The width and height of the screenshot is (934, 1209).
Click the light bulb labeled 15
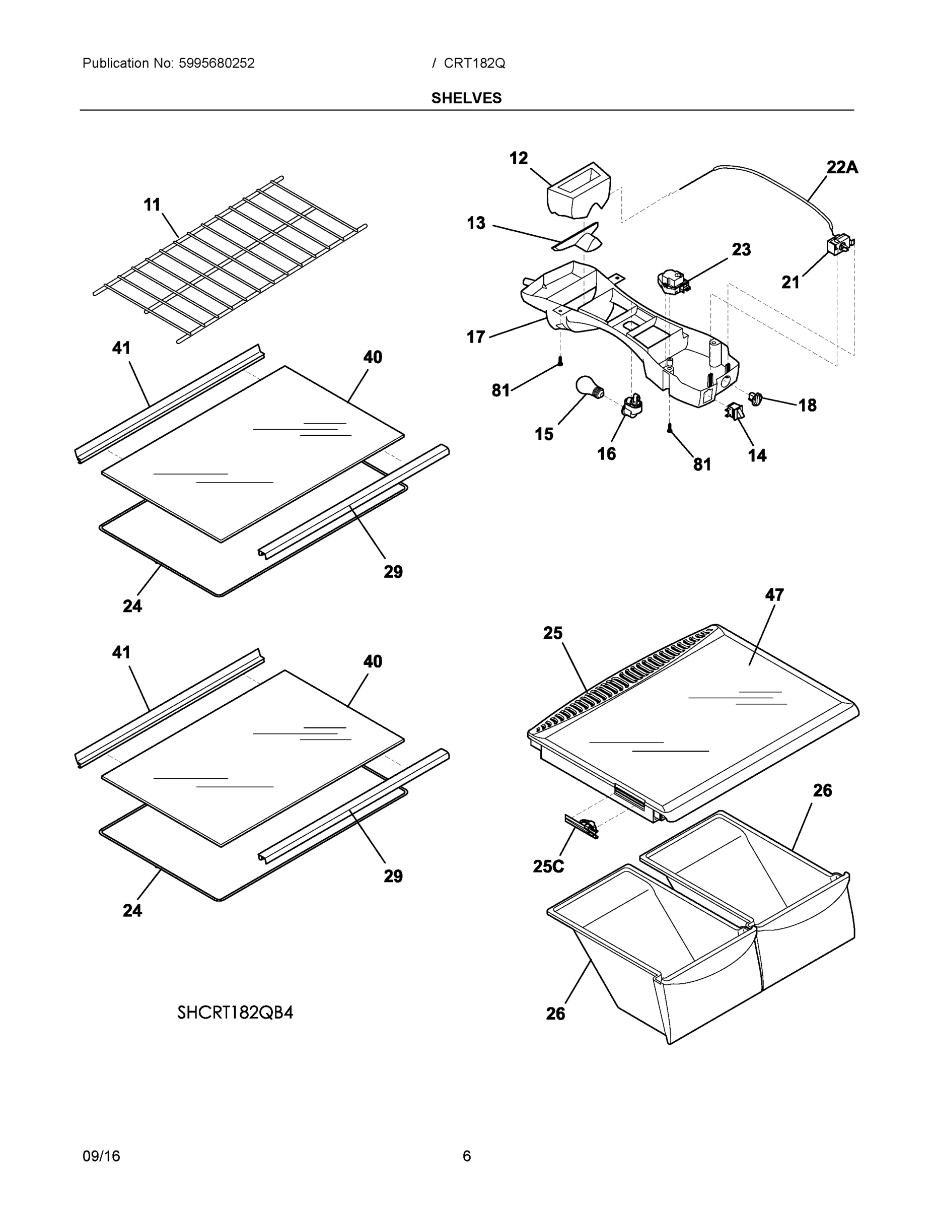coord(588,385)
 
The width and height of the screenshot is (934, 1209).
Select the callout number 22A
coord(841,167)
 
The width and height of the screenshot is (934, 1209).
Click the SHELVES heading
coord(466,98)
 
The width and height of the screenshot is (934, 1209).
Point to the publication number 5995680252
coord(217,63)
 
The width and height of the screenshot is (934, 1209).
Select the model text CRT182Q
coord(474,63)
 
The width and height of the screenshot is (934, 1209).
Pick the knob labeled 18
coord(755,396)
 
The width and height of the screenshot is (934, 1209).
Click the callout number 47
coord(774,594)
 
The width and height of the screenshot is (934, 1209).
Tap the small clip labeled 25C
coord(582,827)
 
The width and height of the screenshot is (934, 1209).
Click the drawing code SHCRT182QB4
coord(235,1012)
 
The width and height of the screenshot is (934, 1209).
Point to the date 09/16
coord(101,1156)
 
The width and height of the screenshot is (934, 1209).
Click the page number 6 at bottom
coord(466,1156)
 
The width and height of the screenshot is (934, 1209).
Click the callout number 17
coord(476,337)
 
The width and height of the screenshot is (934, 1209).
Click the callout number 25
coord(553,633)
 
